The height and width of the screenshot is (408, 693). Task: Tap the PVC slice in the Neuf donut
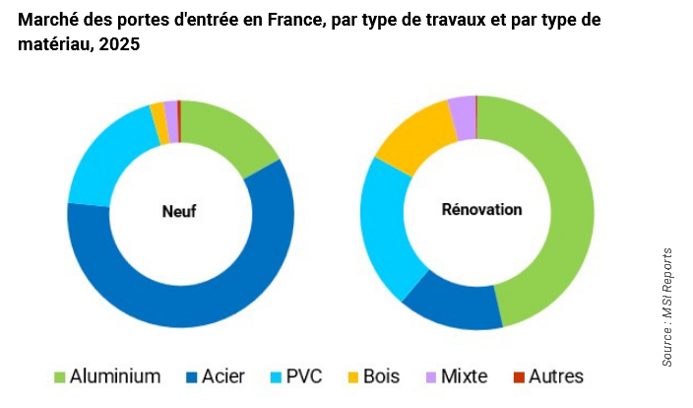(x=103, y=163)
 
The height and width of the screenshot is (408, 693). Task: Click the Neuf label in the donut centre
(x=180, y=211)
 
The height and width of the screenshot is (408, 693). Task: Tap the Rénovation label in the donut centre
(x=481, y=210)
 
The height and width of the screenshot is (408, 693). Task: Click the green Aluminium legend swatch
(x=59, y=376)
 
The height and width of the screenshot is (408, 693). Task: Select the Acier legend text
(x=222, y=376)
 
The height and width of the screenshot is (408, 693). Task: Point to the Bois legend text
(x=382, y=376)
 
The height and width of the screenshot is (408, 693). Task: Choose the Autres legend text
(x=556, y=376)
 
